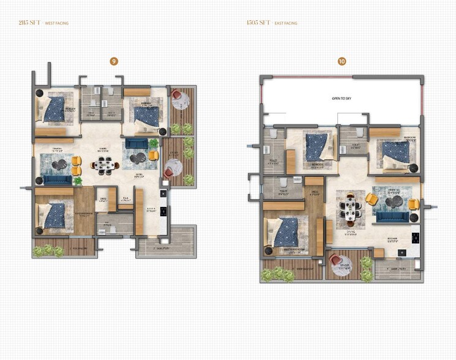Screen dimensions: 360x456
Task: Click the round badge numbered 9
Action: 113,61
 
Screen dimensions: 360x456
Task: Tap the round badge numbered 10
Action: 342,61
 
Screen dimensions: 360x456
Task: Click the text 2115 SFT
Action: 30,23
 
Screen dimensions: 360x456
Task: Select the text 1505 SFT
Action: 258,23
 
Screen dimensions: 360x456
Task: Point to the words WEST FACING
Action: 58,23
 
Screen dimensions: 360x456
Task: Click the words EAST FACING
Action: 286,23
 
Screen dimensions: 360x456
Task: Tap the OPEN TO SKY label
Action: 342,99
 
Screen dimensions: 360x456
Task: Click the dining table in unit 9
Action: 105,164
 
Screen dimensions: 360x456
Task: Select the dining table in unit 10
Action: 349,207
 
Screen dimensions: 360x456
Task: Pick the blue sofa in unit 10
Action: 391,217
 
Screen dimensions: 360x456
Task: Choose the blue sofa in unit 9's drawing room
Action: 56,179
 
